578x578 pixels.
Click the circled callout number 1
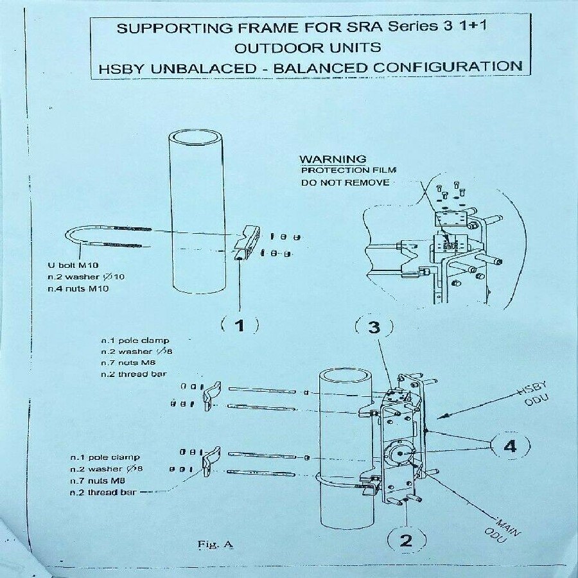pyautogui.click(x=240, y=325)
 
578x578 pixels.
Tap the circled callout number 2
pyautogui.click(x=406, y=539)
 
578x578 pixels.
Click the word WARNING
pyautogui.click(x=333, y=159)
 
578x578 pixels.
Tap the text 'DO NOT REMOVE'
pyautogui.click(x=345, y=182)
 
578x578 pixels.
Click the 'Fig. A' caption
pyautogui.click(x=215, y=544)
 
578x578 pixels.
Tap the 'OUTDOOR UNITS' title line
pyautogui.click(x=307, y=48)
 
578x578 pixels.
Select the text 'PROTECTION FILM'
pyautogui.click(x=349, y=170)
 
